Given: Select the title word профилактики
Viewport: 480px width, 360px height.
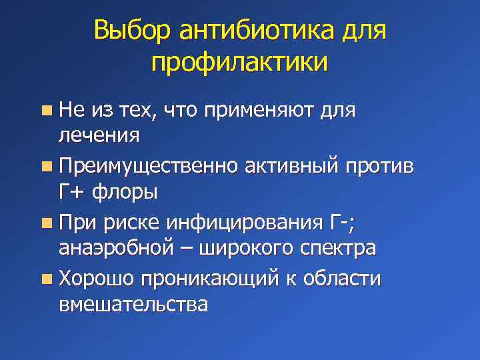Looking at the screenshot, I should pyautogui.click(x=239, y=64).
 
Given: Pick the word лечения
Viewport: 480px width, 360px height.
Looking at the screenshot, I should pyautogui.click(x=99, y=137).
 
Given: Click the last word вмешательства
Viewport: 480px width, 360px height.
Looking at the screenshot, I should pyautogui.click(x=133, y=304).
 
